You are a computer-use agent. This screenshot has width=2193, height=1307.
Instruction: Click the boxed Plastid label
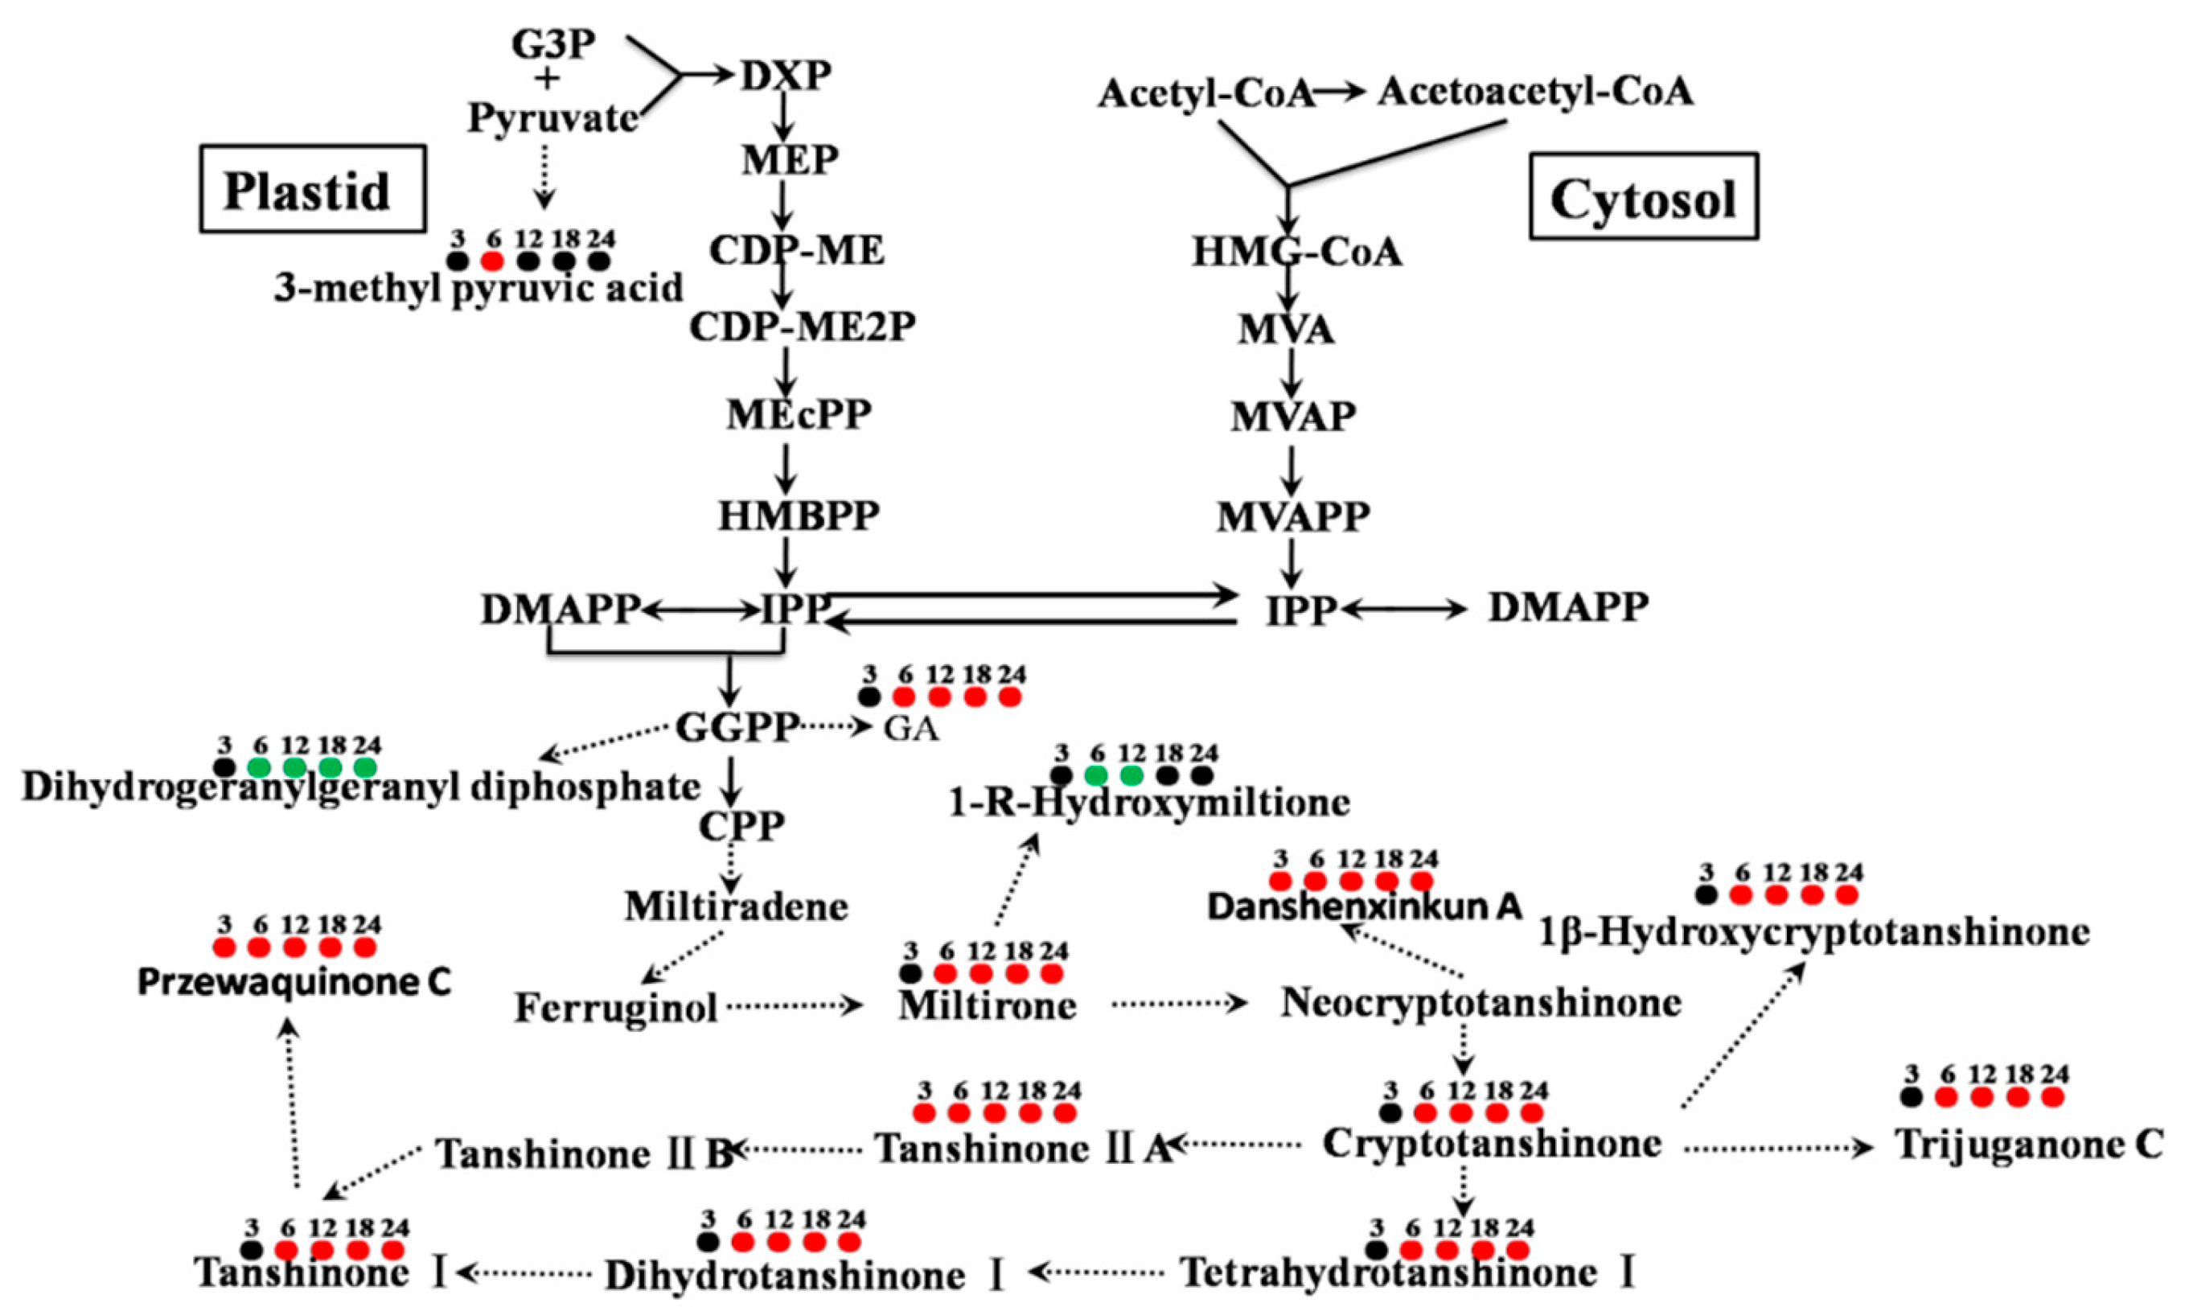click(313, 189)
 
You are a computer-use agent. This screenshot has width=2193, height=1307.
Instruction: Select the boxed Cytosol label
click(1643, 196)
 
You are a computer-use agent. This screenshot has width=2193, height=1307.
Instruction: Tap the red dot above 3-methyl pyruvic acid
click(492, 261)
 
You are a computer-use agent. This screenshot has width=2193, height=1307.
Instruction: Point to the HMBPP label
click(798, 516)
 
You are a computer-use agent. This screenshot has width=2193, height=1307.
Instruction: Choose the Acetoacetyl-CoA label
click(1534, 91)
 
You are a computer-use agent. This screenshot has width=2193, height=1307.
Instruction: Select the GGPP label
click(736, 727)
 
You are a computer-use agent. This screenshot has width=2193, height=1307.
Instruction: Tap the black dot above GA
click(869, 697)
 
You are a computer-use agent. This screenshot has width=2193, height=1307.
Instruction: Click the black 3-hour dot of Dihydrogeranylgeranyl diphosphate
click(224, 767)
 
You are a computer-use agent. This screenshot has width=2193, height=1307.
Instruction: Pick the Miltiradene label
click(736, 906)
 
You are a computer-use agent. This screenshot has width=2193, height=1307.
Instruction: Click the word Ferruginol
click(615, 1008)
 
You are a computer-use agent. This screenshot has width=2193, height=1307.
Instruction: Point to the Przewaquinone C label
click(294, 983)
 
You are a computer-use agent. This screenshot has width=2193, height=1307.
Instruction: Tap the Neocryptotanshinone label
click(1480, 1002)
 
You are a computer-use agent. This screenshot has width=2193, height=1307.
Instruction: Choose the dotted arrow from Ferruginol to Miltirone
click(792, 1005)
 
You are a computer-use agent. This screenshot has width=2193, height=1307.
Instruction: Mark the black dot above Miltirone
click(910, 973)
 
